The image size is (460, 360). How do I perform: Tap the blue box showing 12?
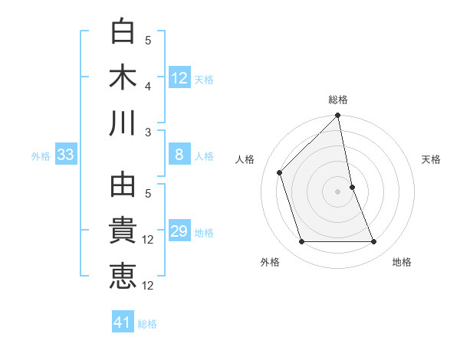[x=179, y=78]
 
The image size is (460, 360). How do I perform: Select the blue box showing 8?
[x=179, y=155]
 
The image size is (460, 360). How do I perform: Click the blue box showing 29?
[x=179, y=232]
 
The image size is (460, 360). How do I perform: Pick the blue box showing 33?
[x=66, y=155]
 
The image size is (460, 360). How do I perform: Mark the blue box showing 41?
[x=123, y=323]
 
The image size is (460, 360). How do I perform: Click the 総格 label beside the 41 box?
[x=148, y=324]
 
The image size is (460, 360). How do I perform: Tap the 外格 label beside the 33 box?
[x=41, y=156]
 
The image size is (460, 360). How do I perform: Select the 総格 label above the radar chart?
[x=338, y=100]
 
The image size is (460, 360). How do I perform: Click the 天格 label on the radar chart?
[x=432, y=159]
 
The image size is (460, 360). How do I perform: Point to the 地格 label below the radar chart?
[x=402, y=262]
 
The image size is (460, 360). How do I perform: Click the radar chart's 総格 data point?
[x=338, y=116]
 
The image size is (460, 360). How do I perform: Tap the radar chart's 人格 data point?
[x=280, y=172]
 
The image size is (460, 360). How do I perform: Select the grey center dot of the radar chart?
[x=338, y=191]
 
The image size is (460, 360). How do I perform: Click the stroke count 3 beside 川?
[x=148, y=132]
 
